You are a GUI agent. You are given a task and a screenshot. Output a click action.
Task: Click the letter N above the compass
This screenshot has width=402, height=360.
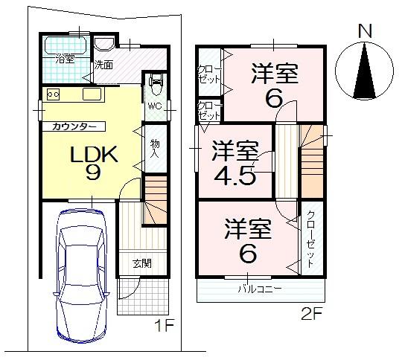[x=364, y=31]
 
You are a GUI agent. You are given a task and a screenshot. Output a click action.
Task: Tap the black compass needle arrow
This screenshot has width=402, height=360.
[x=364, y=70]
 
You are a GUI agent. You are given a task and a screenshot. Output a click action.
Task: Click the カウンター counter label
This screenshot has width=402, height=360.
[x=74, y=126]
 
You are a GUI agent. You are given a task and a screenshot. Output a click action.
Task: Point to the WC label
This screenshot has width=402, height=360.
[x=155, y=106]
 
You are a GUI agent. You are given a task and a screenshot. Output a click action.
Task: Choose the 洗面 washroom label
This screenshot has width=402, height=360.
[x=103, y=65]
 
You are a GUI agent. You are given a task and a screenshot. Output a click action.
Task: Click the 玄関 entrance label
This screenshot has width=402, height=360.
[x=143, y=263]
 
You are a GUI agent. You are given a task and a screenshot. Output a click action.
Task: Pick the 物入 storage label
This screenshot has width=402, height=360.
[x=155, y=148]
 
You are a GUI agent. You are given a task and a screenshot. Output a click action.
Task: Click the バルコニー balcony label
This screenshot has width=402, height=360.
[x=260, y=289]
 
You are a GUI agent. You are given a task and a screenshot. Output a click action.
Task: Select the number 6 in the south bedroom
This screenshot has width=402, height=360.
[x=248, y=254]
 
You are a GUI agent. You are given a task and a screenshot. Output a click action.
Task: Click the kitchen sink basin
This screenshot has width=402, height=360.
[x=91, y=94]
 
